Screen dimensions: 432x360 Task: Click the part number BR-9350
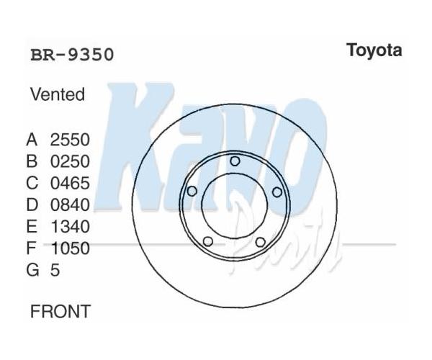coord(72,55)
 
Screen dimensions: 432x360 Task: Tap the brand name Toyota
coord(374,51)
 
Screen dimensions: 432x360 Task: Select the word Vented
coord(58,94)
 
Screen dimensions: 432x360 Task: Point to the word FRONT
coord(60,311)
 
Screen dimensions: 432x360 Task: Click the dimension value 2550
coord(70,140)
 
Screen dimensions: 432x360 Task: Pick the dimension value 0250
coord(70,161)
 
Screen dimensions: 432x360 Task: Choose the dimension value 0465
coord(70,183)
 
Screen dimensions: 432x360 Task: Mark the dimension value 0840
coord(70,205)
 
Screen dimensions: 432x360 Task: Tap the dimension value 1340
coord(71,227)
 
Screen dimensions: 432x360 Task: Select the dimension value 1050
coord(71,248)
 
